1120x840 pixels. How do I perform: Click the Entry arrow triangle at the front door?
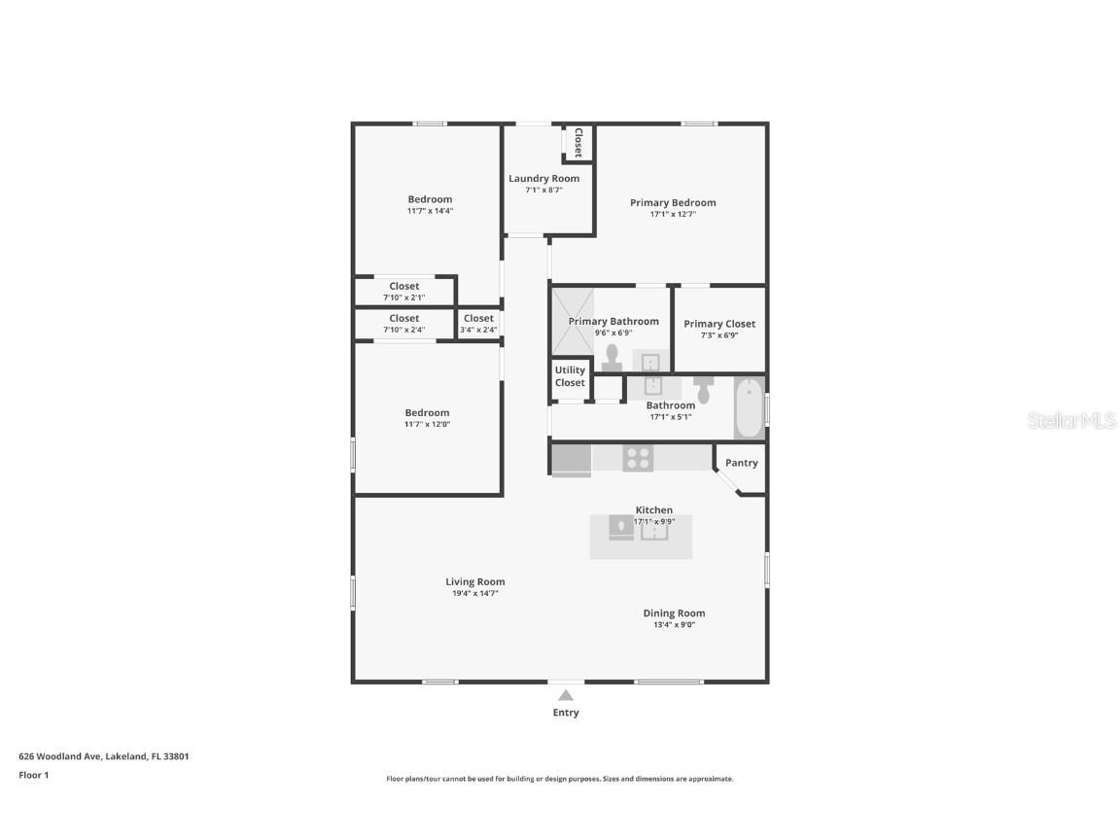[566, 695]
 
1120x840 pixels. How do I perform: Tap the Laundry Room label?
[543, 179]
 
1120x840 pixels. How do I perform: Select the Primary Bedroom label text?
[673, 203]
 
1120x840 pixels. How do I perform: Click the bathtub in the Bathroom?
[749, 408]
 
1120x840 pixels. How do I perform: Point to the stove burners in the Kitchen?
[637, 458]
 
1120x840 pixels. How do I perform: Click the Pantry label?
[741, 463]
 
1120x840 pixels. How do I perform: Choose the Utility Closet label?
[570, 376]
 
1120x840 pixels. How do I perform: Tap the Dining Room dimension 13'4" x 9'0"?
[674, 625]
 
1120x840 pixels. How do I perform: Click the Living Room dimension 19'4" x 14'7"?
[475, 593]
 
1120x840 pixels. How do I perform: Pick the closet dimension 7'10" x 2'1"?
[403, 297]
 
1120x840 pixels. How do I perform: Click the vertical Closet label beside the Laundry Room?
[577, 143]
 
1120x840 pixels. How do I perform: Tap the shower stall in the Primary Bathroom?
[573, 321]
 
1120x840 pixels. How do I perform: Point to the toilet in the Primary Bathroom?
[612, 359]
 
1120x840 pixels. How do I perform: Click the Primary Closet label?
[719, 324]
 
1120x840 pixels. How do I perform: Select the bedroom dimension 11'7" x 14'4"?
[430, 211]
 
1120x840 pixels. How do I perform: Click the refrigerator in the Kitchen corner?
[571, 459]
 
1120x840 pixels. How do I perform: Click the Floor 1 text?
[33, 775]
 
